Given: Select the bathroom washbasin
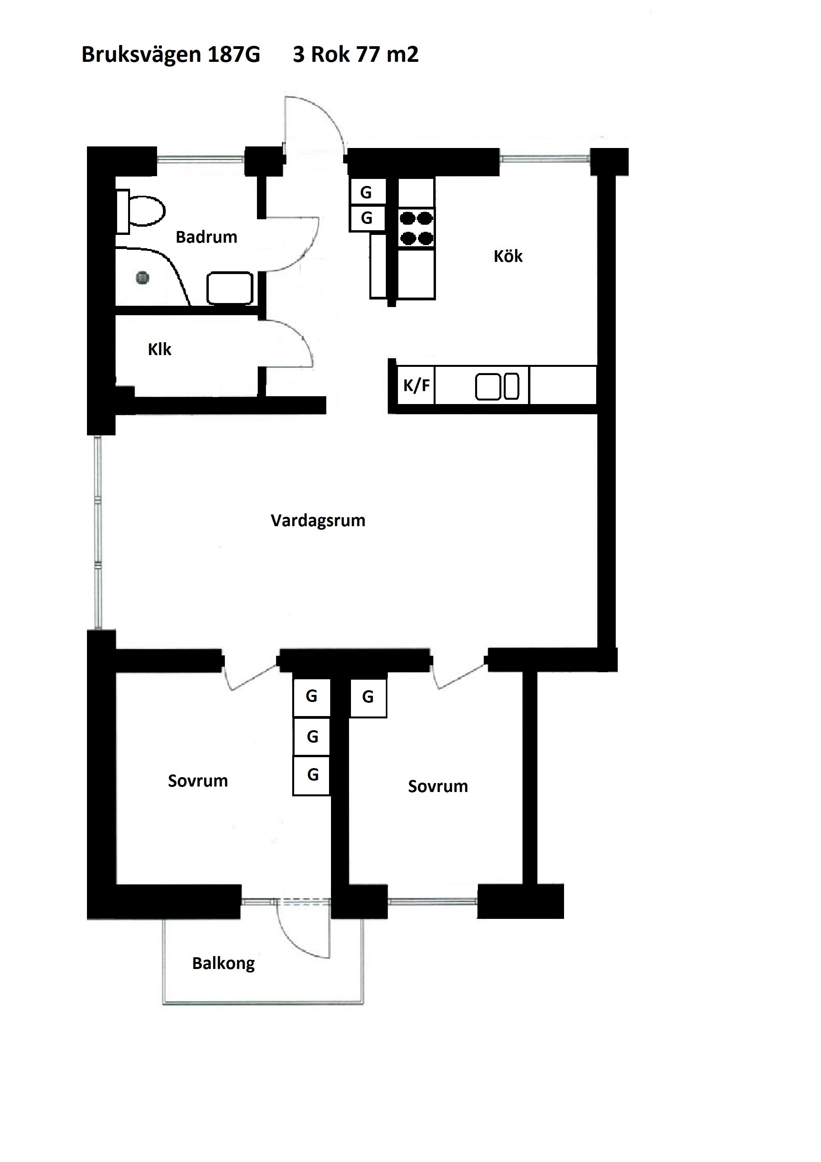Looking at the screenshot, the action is (230, 289).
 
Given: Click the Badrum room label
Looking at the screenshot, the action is (207, 237).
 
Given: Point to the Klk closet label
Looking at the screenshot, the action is (159, 349).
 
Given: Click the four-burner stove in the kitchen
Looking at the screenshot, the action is (416, 228).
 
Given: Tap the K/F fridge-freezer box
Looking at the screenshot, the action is (416, 385).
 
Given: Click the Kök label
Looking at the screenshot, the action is (508, 256).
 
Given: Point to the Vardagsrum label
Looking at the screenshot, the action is (318, 520).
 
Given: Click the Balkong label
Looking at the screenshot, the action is (223, 964).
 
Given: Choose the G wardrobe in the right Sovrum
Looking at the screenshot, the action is (368, 698).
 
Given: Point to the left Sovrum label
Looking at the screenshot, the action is (198, 781).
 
